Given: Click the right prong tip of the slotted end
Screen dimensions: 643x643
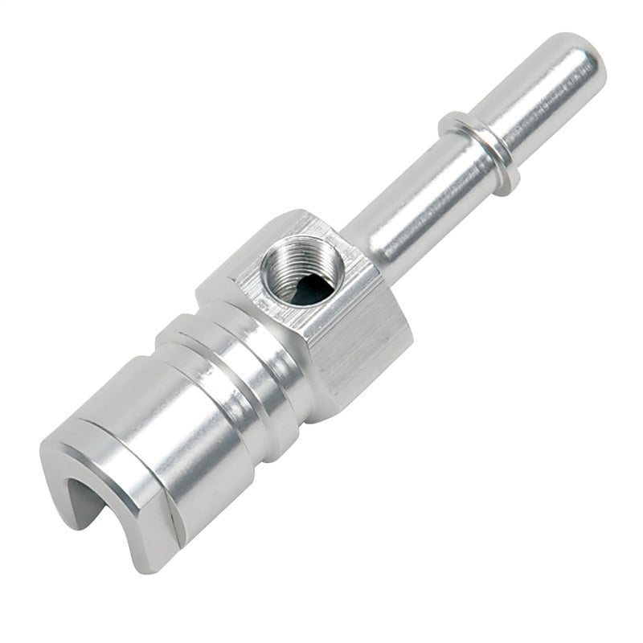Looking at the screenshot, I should pyautogui.click(x=153, y=555).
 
